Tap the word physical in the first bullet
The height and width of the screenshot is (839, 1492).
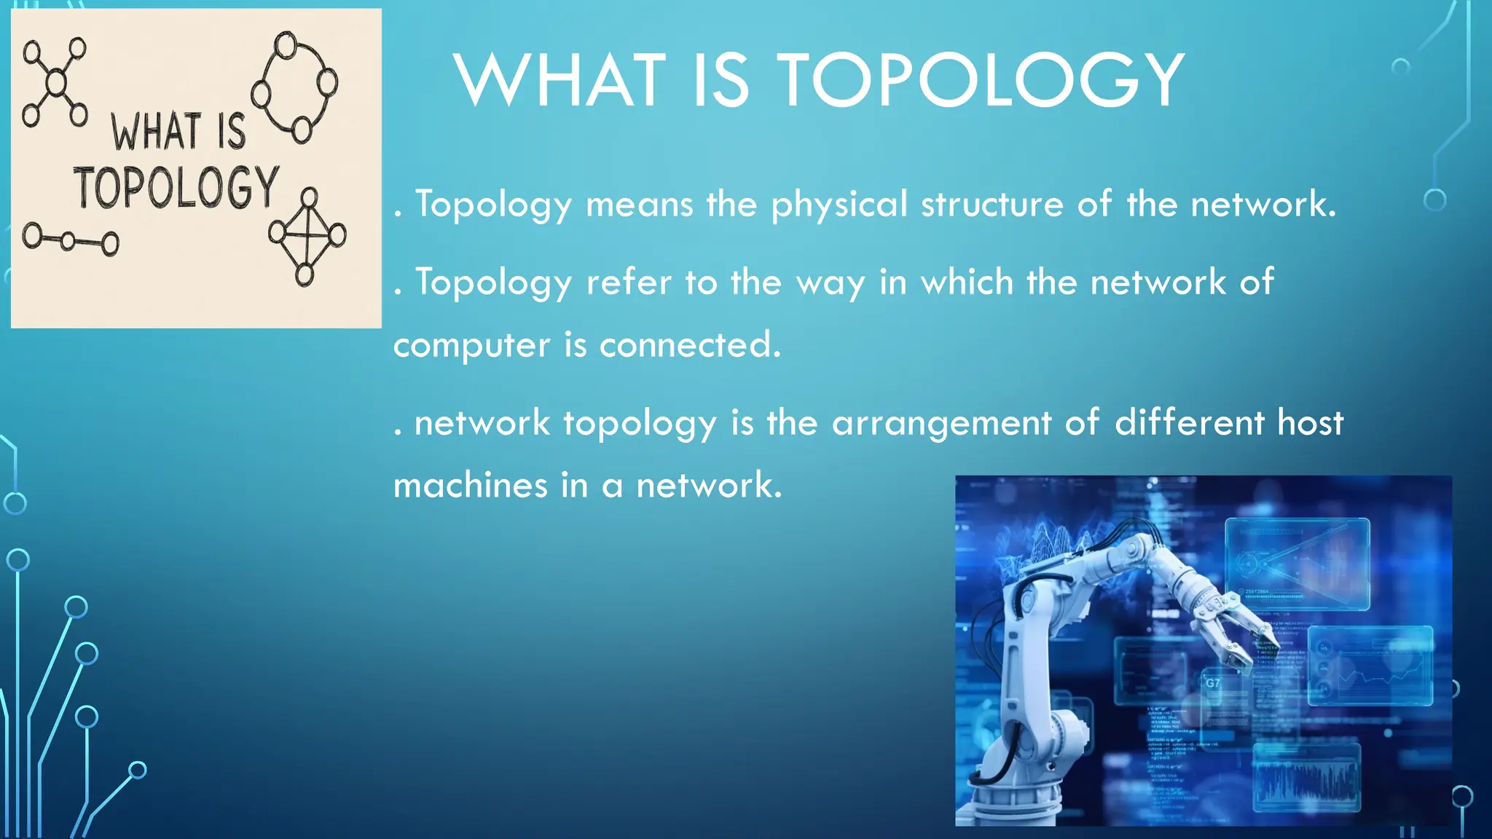pyautogui.click(x=839, y=205)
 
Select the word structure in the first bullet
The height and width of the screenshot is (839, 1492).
pyautogui.click(x=992, y=204)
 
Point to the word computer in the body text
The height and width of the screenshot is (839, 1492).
pyautogui.click(x=471, y=346)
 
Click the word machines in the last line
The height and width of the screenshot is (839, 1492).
pyautogui.click(x=470, y=485)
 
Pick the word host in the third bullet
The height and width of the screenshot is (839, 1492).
pyautogui.click(x=1311, y=422)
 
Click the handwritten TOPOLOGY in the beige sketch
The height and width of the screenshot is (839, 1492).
pyautogui.click(x=176, y=187)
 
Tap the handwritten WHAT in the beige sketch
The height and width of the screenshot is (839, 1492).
pyautogui.click(x=156, y=132)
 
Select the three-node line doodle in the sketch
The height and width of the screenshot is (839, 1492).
pyautogui.click(x=70, y=240)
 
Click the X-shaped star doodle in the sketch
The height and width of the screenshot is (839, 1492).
pyautogui.click(x=55, y=82)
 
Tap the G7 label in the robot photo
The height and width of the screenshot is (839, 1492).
pyautogui.click(x=1212, y=683)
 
